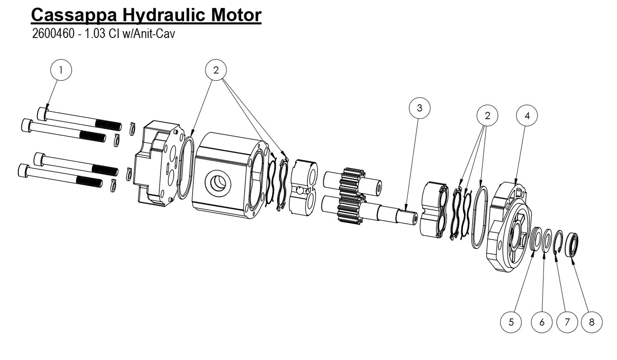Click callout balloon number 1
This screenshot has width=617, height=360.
[x=61, y=70]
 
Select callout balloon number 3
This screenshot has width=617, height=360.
[x=419, y=108]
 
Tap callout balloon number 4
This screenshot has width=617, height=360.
[x=527, y=115]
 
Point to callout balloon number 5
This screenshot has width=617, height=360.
[x=511, y=322]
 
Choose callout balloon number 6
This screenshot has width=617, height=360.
[x=542, y=322]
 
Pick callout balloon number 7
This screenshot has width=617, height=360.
[x=567, y=322]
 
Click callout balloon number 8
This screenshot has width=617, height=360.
[x=591, y=322]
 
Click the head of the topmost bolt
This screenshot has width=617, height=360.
[x=42, y=114]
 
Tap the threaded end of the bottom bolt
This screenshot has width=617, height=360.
[x=89, y=182]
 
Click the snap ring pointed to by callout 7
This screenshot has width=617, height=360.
[x=558, y=243]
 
